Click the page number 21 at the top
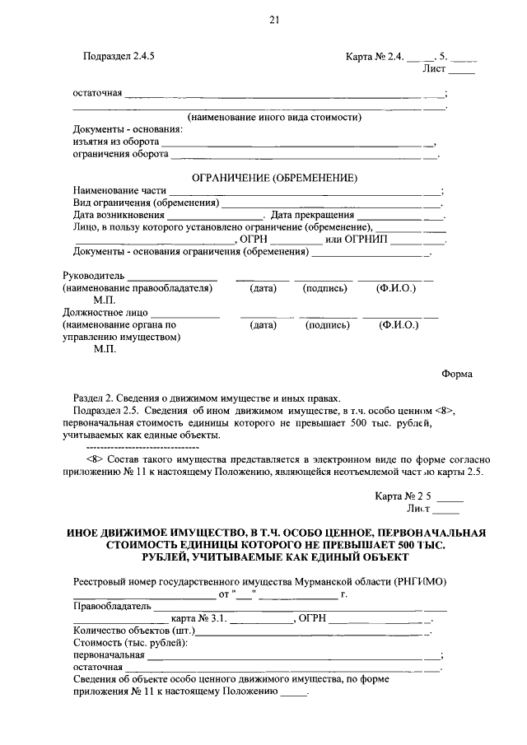click(x=274, y=21)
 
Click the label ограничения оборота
click(x=120, y=153)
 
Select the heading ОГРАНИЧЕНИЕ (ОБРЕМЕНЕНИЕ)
click(x=273, y=177)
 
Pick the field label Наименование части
click(x=119, y=190)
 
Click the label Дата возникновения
click(x=118, y=215)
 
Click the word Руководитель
click(x=92, y=276)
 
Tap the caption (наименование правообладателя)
click(x=138, y=288)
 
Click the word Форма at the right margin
click(x=456, y=373)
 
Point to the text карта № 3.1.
click(x=198, y=619)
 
